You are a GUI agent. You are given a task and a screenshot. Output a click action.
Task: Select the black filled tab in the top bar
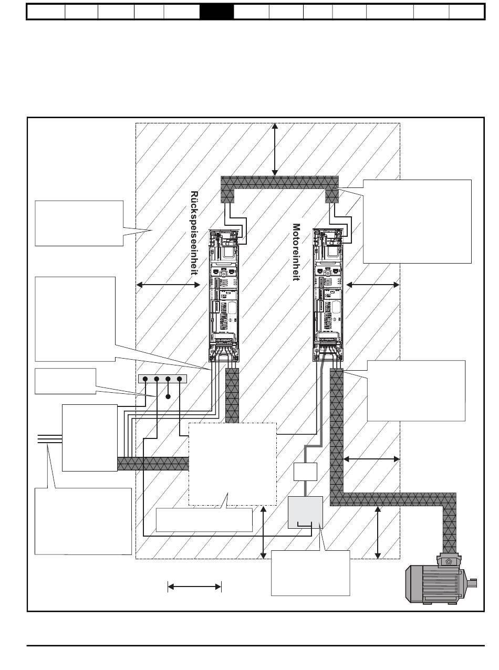pos(216,12)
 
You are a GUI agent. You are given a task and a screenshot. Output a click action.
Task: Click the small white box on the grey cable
pos(305,472)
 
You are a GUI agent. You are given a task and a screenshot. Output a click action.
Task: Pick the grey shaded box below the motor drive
pos(305,512)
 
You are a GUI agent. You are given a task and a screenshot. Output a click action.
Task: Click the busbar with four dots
pos(162,379)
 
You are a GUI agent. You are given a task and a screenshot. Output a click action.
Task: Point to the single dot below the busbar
pos(168,396)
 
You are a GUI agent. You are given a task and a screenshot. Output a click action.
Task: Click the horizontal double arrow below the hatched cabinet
pos(194,587)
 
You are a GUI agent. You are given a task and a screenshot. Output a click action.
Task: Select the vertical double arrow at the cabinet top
pos(275,149)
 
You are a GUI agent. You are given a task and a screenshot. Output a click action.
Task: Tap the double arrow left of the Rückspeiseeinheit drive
pos(168,285)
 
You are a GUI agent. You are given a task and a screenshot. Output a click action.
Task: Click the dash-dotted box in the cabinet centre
pos(232,464)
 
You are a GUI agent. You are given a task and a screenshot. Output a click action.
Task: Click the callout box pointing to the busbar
pos(66,381)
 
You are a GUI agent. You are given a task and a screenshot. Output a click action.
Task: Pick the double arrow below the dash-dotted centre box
pos(263,533)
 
